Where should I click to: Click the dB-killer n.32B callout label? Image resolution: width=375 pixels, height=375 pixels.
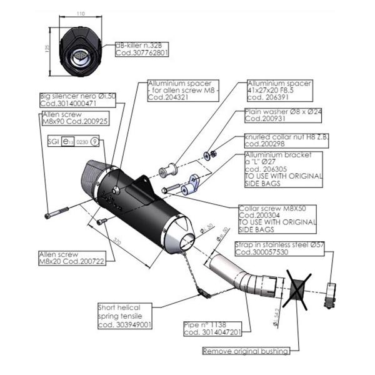(x=142, y=49)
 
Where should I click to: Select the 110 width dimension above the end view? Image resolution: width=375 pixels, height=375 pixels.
(x=79, y=13)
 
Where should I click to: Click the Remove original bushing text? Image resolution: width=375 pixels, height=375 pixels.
(x=246, y=351)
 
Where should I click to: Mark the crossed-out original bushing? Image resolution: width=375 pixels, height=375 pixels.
(x=299, y=289)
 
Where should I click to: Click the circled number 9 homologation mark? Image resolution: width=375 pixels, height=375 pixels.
(x=94, y=142)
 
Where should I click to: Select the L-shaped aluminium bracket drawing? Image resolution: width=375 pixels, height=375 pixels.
(x=191, y=185)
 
